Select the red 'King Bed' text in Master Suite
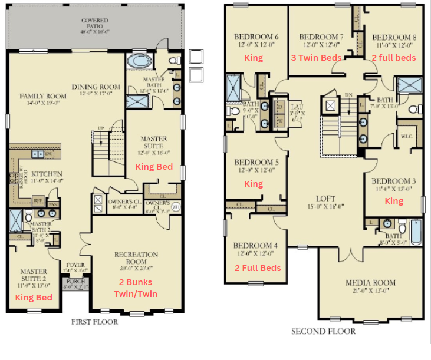(154, 167)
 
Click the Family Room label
(40, 95)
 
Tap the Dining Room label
(96, 87)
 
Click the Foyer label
(75, 265)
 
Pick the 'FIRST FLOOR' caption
(94, 322)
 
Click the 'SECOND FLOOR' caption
(323, 331)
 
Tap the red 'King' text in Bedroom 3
(394, 201)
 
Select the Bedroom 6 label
(256, 37)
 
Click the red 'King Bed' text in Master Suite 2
(34, 297)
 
